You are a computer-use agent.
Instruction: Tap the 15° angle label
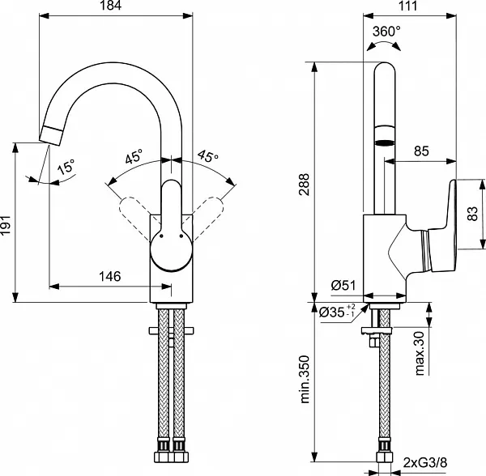coord(66,168)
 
